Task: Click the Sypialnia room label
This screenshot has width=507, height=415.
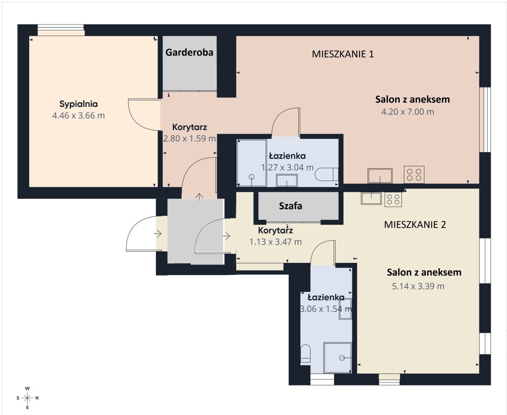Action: (78, 104)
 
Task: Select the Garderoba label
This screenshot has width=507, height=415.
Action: (189, 52)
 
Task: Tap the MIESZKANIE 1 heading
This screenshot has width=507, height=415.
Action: (343, 54)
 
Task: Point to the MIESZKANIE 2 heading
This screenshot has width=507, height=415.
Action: (415, 224)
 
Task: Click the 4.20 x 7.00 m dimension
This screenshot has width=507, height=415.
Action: (408, 112)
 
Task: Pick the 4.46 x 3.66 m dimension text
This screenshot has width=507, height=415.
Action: (78, 115)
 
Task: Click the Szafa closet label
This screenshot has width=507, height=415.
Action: (290, 206)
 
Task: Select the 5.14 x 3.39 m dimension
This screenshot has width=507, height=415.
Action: (418, 286)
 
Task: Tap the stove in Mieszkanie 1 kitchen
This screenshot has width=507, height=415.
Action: (414, 175)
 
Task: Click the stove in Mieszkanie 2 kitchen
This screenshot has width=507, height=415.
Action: (393, 199)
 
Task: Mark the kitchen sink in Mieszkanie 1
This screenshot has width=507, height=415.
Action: (380, 176)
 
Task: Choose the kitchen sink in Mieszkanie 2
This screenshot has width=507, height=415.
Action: (371, 198)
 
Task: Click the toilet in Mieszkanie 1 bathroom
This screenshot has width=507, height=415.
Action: (327, 174)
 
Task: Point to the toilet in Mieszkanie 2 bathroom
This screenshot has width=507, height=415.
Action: (305, 354)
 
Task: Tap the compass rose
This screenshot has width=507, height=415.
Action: (27, 398)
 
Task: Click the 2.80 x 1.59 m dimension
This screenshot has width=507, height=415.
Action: (189, 139)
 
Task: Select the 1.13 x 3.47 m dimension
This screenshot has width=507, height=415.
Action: (275, 242)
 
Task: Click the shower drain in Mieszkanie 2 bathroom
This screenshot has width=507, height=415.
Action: (342, 358)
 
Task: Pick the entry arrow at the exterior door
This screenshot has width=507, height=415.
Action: (158, 233)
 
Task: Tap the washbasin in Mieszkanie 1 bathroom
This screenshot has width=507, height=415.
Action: (286, 180)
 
